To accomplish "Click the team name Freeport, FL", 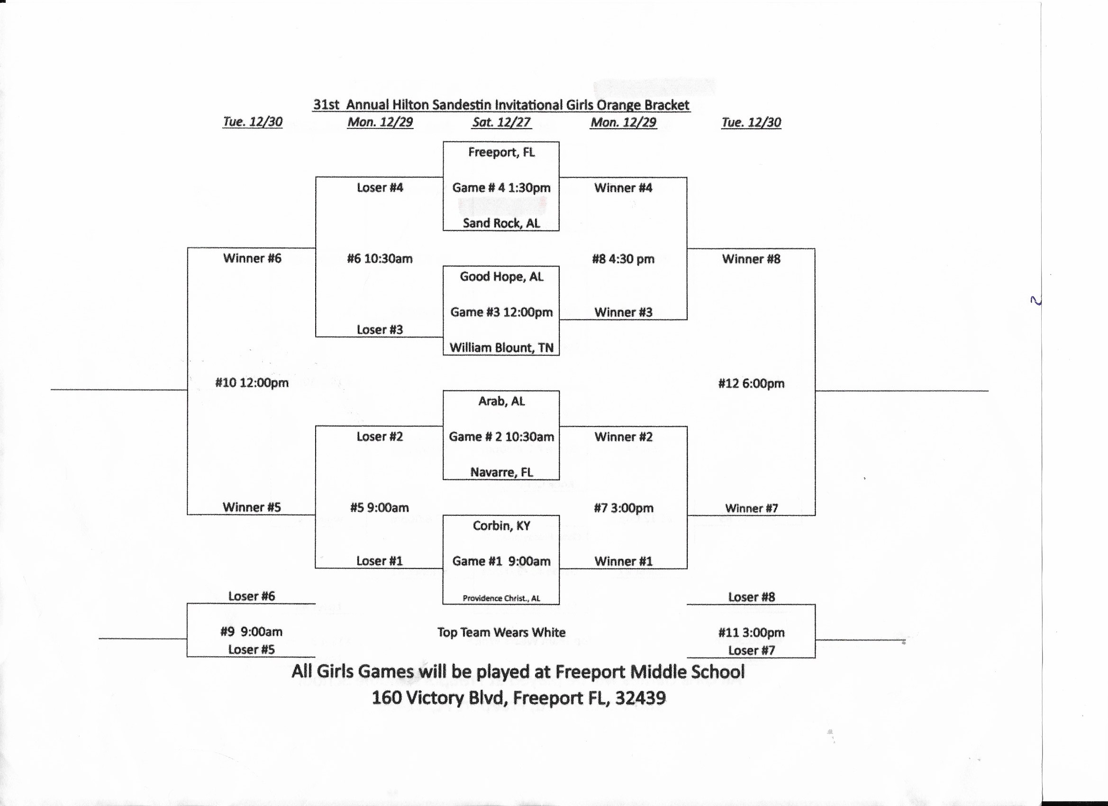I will pos(501,153).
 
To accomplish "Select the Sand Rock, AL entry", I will pos(501,223).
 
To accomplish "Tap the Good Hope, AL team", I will pos(501,277).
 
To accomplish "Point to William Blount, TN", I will pos(501,348).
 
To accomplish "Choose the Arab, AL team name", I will pos(501,401).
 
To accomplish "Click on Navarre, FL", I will pos(501,472).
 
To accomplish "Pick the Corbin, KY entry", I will pos(501,526).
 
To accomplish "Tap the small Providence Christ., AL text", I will pos(501,598).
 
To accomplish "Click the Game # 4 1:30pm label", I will pos(501,188).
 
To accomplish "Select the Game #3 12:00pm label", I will pos(501,312).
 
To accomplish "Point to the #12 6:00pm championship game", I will pos(751,384).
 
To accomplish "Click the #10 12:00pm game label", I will pos(252,383).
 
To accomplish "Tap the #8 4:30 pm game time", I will pos(623,259).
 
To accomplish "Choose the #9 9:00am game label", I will pos(251,632).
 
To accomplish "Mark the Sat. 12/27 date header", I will pos(501,122).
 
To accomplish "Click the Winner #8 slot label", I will pos(751,259).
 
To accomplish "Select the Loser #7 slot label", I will pos(751,650).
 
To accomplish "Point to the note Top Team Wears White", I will pos(501,632).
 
